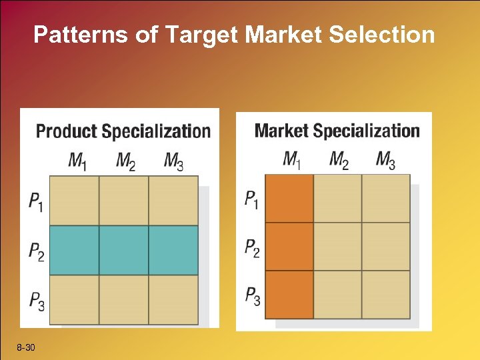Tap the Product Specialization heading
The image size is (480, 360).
123,131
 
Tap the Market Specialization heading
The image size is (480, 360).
337,130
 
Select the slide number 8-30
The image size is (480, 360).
27,347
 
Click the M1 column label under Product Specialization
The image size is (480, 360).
77,161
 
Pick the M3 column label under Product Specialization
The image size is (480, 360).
173,161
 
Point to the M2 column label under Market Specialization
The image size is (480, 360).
339,160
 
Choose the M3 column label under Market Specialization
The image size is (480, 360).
385,160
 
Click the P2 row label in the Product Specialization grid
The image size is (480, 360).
37,251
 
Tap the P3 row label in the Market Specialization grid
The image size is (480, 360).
252,295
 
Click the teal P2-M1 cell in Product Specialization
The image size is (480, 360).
74,250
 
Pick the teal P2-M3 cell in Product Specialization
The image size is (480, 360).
173,250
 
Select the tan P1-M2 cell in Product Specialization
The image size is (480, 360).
123,200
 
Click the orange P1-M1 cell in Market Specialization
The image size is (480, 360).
289,198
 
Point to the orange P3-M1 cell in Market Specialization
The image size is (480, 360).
289,294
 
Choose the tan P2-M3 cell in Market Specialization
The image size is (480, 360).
386,246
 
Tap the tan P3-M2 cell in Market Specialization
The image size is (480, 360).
337,294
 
